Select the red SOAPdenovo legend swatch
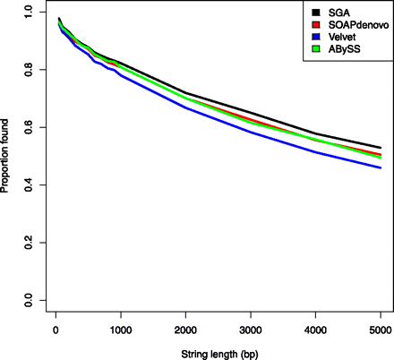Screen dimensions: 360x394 pyautogui.click(x=316, y=24)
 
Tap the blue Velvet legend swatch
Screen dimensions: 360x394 pyautogui.click(x=316, y=36)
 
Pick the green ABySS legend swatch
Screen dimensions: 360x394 pyautogui.click(x=316, y=47)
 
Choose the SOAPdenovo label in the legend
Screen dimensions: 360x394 pyautogui.click(x=355, y=24)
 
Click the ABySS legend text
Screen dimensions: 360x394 pyautogui.click(x=344, y=47)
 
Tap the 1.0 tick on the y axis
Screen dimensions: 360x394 pyautogui.click(x=29, y=13)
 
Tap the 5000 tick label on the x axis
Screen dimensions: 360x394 pyautogui.click(x=381, y=330)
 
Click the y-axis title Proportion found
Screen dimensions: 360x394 pyautogui.click(x=7, y=157)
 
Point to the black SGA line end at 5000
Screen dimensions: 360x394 pyautogui.click(x=381, y=147)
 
